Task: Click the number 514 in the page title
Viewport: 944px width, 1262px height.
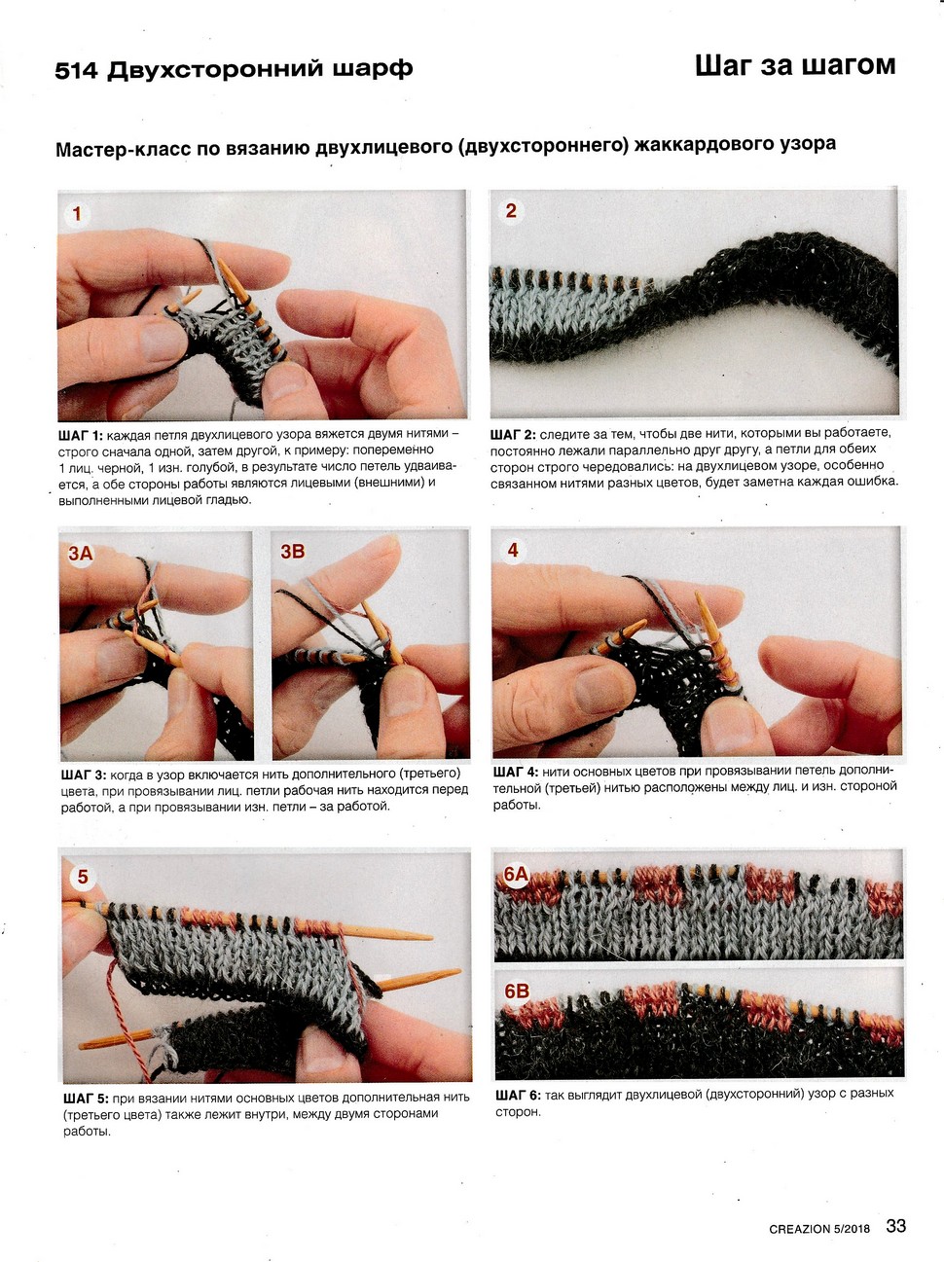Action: (x=77, y=71)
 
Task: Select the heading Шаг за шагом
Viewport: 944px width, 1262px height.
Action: (x=795, y=65)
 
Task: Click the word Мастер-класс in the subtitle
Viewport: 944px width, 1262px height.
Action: (x=124, y=150)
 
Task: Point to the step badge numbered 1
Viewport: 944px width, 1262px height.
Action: (x=77, y=214)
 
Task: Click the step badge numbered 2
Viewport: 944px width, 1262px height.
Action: (x=511, y=211)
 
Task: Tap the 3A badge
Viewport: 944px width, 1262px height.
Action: (x=80, y=553)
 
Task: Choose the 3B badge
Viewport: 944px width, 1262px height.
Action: (x=293, y=552)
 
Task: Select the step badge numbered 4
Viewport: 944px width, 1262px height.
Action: (x=513, y=550)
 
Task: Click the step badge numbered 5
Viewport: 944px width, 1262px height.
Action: (x=83, y=877)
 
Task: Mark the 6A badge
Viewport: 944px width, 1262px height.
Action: (x=515, y=875)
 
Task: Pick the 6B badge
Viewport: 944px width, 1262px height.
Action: (x=516, y=992)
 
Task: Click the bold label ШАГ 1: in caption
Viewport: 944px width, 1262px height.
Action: (x=81, y=434)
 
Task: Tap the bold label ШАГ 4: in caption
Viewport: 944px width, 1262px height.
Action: (x=516, y=772)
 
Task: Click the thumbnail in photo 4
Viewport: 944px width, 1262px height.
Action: (x=599, y=688)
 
